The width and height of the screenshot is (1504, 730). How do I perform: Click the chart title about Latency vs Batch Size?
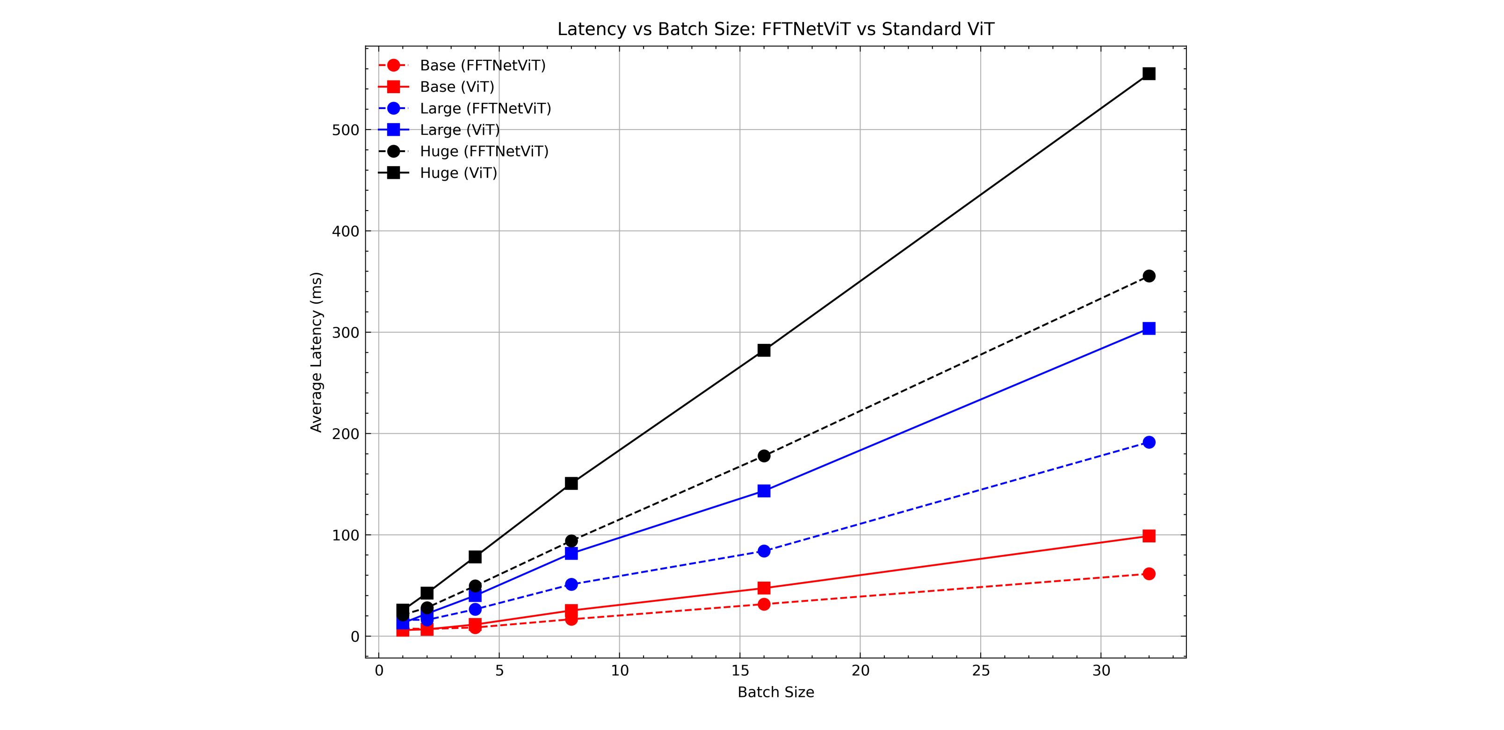click(x=775, y=29)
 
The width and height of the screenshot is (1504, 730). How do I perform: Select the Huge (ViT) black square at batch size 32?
click(x=1149, y=73)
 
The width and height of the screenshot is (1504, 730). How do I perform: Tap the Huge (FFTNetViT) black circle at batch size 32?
click(x=1149, y=276)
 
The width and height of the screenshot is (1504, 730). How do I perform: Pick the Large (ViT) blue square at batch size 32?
click(x=1149, y=329)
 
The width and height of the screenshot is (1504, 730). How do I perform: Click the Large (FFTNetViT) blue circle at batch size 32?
click(x=1149, y=442)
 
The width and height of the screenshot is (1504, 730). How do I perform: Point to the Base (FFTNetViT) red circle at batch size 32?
click(x=1149, y=574)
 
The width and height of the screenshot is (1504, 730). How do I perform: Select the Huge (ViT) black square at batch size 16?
click(x=764, y=350)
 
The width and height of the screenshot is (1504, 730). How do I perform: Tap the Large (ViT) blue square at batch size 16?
click(x=764, y=491)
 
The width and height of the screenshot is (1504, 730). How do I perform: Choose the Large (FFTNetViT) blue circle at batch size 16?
click(x=764, y=551)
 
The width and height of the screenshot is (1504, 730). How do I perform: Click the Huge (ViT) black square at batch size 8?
click(x=571, y=483)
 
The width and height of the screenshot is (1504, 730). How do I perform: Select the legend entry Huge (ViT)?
click(x=458, y=173)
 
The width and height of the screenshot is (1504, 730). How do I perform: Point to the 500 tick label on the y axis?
click(x=345, y=130)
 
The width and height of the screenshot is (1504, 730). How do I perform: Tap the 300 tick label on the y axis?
click(x=345, y=333)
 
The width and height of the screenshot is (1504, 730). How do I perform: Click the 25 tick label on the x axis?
click(x=981, y=671)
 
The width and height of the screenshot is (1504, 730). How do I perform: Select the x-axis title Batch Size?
click(x=775, y=693)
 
